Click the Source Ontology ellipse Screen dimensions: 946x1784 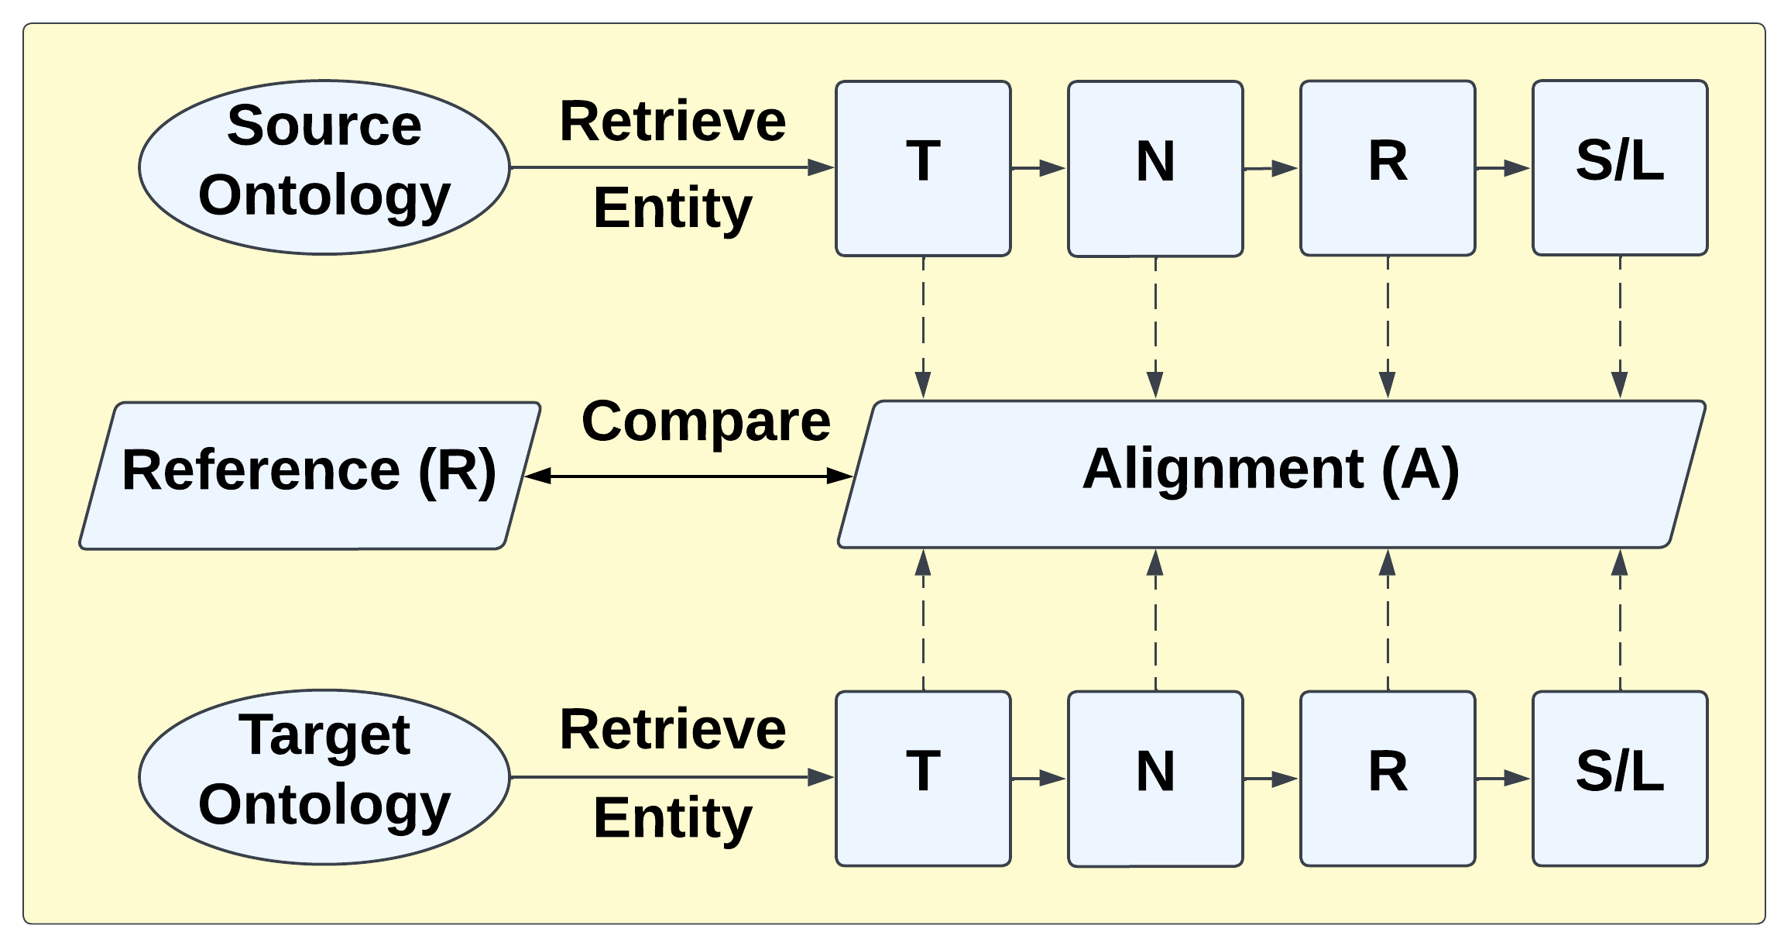click(x=324, y=167)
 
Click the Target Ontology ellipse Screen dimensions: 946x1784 click(x=324, y=777)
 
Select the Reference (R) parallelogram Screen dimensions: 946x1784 click(x=310, y=475)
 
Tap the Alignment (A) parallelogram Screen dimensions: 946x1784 click(x=1270, y=474)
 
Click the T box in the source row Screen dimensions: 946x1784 click(x=923, y=168)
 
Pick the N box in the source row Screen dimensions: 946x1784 click(x=1155, y=168)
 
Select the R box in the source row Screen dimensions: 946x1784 click(x=1388, y=168)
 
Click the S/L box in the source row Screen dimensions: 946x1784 click(x=1620, y=168)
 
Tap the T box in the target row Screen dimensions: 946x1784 click(x=923, y=778)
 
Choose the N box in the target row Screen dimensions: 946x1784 click(x=1155, y=778)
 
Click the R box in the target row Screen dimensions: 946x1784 click(x=1388, y=778)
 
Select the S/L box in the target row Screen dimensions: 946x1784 click(x=1620, y=778)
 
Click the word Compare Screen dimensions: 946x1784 click(x=705, y=422)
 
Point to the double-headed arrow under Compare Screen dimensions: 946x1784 click(x=689, y=476)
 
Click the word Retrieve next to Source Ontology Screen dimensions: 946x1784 click(x=672, y=122)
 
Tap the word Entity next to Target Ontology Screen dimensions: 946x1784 click(x=672, y=818)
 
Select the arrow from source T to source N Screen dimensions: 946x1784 click(x=1038, y=168)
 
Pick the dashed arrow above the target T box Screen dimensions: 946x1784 click(x=923, y=620)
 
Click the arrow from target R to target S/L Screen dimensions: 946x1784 click(x=1503, y=778)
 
